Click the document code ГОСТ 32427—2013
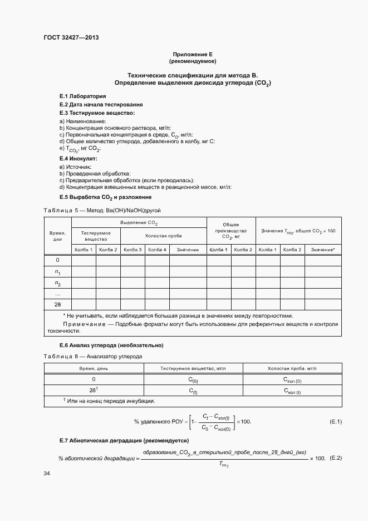71,38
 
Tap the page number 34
47,473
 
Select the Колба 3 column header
133,250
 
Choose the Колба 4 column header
157,250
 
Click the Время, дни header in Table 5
57,236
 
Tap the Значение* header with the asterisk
322,250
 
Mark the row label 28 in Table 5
57,304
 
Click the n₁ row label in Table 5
57,272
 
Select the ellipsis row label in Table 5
57,294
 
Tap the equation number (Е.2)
336,458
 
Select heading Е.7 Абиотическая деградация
118,441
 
